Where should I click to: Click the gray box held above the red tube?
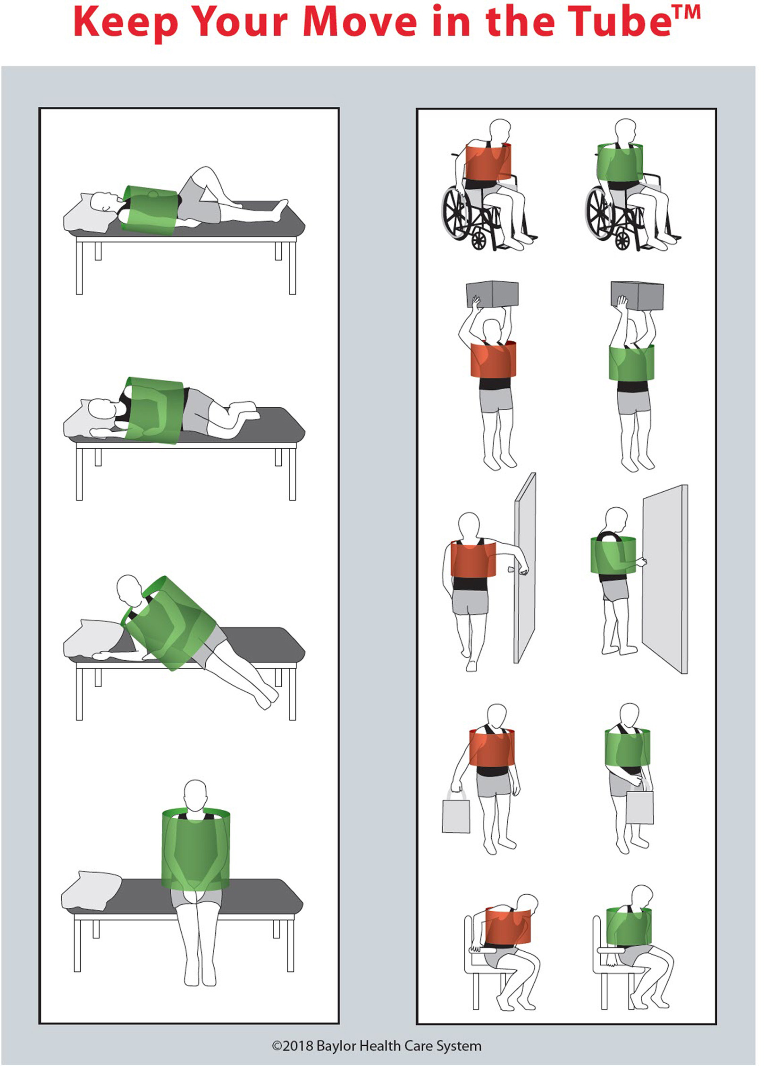coord(492,294)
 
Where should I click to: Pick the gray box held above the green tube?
coord(638,296)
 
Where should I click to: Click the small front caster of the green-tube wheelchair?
coord(622,242)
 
